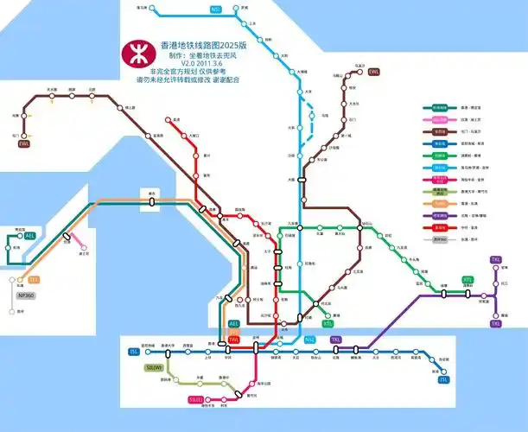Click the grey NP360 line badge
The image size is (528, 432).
pos(26,295)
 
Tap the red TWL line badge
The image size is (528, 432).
pos(233,340)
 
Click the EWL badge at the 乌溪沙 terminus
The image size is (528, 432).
pos(374,72)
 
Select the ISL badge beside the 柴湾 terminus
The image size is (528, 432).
pos(444,379)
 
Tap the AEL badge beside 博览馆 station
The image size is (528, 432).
pos(30,235)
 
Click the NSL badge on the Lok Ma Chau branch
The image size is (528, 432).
pos(215,10)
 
